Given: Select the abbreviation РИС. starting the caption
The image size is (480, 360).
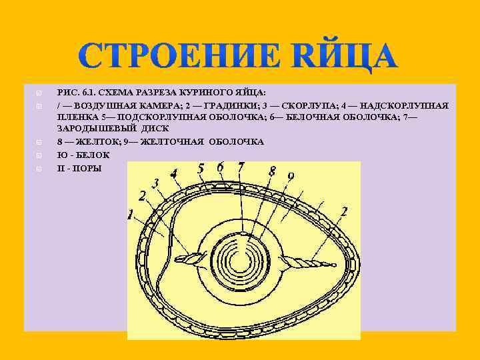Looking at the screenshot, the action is pos(69,92).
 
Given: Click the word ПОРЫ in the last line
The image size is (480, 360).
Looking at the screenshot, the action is pos(87,168).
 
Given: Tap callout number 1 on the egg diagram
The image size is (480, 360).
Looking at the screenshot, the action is pos(131,215).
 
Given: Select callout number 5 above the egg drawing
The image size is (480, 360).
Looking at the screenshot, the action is pos(201,169).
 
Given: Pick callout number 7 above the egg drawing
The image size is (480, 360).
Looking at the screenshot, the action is pos(241,167).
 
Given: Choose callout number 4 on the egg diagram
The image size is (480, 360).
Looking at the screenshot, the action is pos(174,175).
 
